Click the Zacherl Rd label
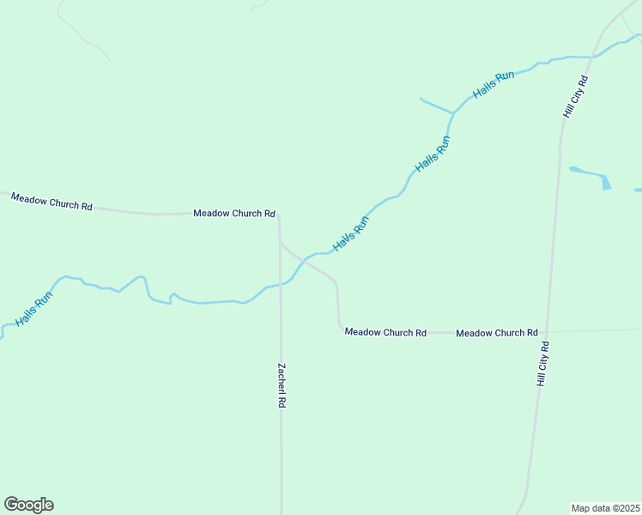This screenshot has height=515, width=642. tap(281, 385)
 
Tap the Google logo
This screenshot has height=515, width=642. tap(28, 505)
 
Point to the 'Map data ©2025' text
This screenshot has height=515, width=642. tap(606, 508)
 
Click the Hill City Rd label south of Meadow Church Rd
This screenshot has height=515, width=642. tap(543, 363)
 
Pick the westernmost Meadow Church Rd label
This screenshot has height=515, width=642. tap(51, 202)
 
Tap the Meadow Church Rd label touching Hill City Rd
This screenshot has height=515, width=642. tap(497, 332)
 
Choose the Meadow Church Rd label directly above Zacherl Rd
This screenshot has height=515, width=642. tap(233, 213)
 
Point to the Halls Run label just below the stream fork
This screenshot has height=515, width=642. tap(432, 154)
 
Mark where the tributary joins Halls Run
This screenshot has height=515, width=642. tap(452, 113)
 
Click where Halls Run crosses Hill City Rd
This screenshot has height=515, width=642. tap(592, 57)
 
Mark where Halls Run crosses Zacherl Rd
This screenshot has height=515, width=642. tap(281, 284)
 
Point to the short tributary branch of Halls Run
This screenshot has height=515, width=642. tap(435, 106)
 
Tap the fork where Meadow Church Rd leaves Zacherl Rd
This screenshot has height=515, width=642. tap(280, 240)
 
